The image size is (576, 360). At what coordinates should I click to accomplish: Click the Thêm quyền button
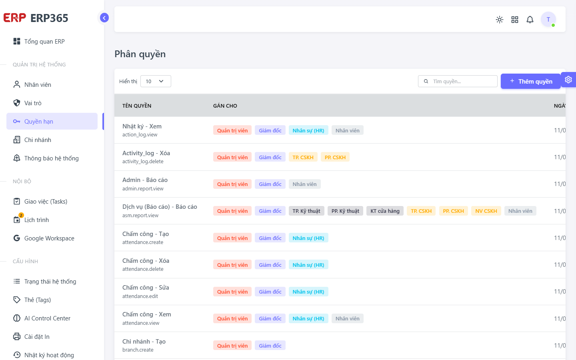[x=530, y=81]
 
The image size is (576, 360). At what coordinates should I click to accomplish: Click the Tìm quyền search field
[x=458, y=81]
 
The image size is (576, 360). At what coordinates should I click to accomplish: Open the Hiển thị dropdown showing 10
[x=156, y=81]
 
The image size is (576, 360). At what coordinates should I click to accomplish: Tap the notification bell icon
[x=530, y=20]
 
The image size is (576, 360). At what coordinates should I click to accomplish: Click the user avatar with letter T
[x=548, y=19]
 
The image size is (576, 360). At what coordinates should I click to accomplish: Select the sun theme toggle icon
[x=499, y=20]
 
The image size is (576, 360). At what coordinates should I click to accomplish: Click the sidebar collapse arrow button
[x=104, y=18]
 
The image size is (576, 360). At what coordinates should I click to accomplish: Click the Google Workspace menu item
[x=44, y=238]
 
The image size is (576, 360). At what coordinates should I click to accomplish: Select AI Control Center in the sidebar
[x=42, y=318]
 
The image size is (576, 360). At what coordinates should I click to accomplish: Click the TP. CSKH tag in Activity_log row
[x=303, y=157]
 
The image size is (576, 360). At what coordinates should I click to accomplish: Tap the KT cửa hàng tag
[x=385, y=211]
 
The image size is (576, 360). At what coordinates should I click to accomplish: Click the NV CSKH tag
[x=486, y=211]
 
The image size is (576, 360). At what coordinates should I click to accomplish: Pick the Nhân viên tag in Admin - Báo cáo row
[x=304, y=184]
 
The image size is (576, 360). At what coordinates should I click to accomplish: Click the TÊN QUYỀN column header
[x=137, y=106]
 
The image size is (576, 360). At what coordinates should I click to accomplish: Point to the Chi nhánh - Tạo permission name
[x=144, y=342]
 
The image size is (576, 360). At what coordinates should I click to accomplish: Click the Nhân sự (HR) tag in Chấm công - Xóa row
[x=308, y=265]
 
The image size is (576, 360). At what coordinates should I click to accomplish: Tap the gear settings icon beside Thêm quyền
[x=568, y=80]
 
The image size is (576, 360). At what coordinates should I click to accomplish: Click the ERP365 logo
[x=36, y=18]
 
